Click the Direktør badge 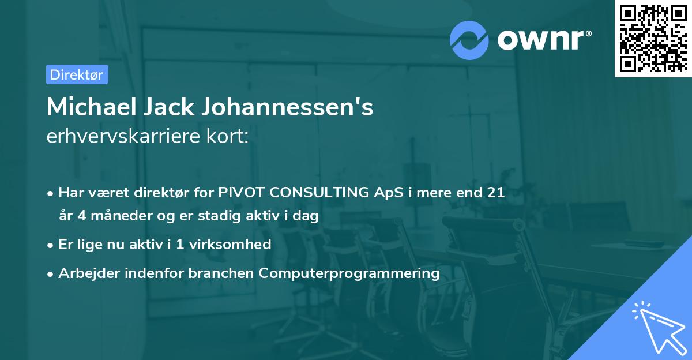(x=77, y=74)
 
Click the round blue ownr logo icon (x=469, y=40)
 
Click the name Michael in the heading (x=88, y=107)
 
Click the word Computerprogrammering (x=349, y=273)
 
